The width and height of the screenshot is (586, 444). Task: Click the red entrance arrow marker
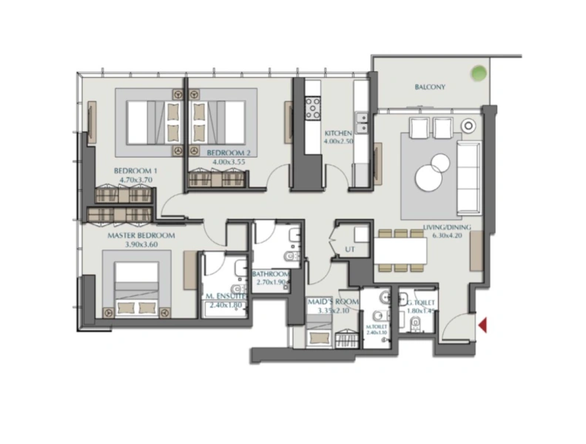tap(482, 324)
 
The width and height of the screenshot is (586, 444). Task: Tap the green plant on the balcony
tap(479, 74)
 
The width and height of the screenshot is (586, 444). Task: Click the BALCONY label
tap(429, 87)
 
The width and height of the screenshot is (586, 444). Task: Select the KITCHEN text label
tap(337, 133)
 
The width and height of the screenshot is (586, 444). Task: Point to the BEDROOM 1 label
tap(132, 170)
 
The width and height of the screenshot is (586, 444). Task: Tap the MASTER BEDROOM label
tap(141, 235)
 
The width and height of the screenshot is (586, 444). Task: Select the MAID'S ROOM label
tap(333, 303)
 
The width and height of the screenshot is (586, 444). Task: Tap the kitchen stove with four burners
tap(313, 108)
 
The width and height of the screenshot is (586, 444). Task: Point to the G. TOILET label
tap(420, 303)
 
